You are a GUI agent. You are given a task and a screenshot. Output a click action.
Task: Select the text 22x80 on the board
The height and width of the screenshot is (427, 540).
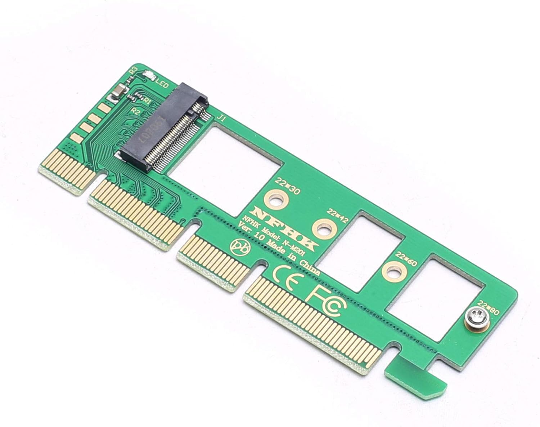[x=489, y=307]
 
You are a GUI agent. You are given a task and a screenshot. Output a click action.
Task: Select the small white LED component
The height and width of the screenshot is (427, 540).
[x=148, y=75]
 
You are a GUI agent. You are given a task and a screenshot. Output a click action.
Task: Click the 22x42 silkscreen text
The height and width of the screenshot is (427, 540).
[x=337, y=215]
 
